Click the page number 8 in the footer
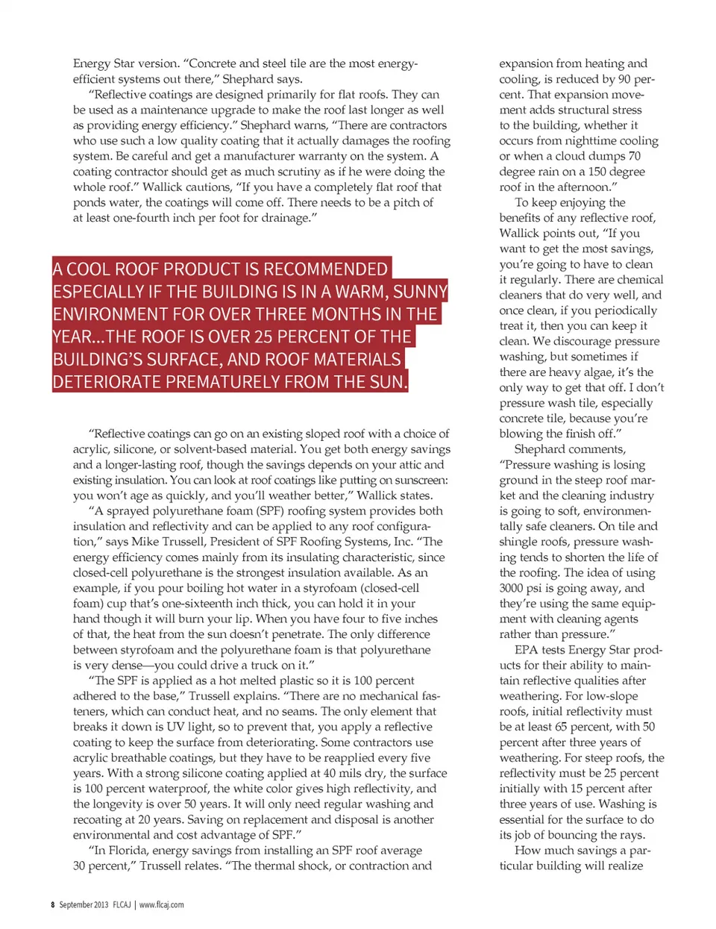(52, 904)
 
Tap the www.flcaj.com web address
(161, 904)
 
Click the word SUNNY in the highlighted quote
(420, 292)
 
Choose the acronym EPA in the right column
(527, 650)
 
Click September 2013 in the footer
(84, 904)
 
